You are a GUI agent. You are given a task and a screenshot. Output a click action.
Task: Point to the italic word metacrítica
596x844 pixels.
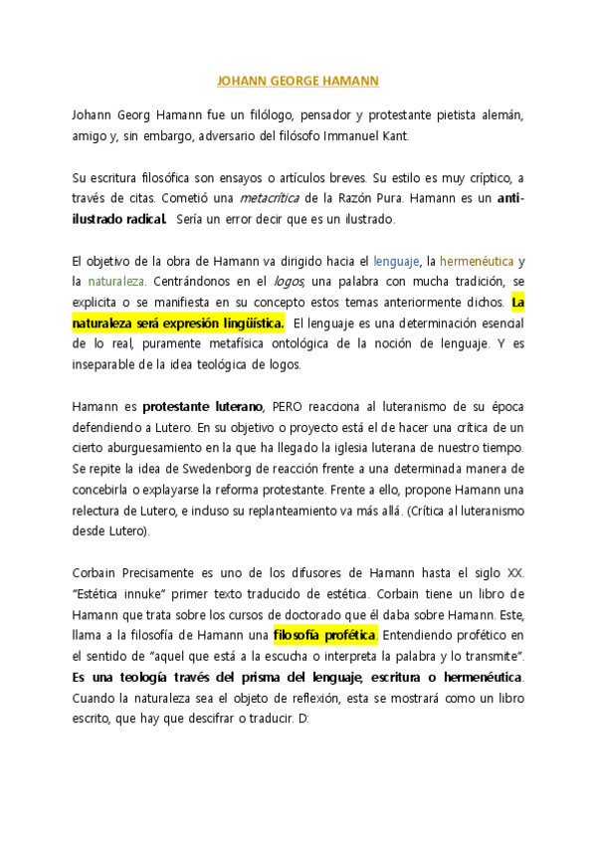tap(272, 198)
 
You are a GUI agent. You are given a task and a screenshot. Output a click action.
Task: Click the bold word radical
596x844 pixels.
tap(136, 219)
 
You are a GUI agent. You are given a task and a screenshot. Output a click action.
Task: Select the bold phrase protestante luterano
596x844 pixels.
tap(203, 406)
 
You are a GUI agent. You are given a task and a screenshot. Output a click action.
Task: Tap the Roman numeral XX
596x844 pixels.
tap(514, 572)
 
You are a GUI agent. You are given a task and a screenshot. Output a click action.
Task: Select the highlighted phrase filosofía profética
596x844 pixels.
tap(324, 634)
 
